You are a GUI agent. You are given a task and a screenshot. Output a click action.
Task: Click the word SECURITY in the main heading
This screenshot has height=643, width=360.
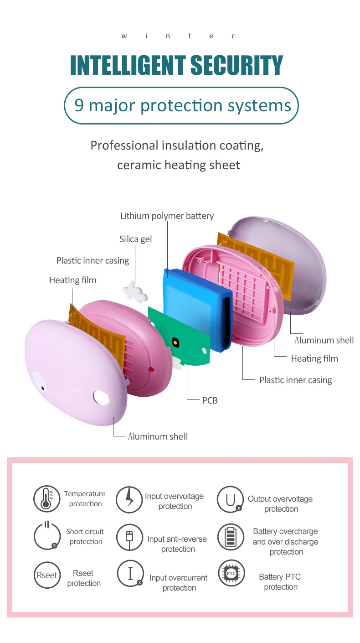click(x=237, y=65)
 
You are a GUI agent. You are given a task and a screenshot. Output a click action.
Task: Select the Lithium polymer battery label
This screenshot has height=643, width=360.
click(x=167, y=216)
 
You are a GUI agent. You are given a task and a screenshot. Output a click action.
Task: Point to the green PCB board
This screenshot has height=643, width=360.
click(x=180, y=336)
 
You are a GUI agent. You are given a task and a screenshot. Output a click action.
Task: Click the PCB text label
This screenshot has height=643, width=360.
click(x=210, y=400)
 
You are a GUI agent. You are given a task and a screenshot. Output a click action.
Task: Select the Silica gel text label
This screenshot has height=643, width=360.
click(x=136, y=239)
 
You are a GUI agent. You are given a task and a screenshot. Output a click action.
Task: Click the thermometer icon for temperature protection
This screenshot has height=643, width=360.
click(x=47, y=499)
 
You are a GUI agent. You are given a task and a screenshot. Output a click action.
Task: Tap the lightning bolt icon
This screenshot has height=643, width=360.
click(x=129, y=500)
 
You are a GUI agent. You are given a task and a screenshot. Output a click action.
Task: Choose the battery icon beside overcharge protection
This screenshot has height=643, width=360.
click(x=230, y=537)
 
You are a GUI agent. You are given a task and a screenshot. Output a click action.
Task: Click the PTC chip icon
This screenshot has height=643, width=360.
click(x=231, y=573)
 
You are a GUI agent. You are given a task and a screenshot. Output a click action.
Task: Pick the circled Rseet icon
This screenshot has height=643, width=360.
click(x=47, y=575)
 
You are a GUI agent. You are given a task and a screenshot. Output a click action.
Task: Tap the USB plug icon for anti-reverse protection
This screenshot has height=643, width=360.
click(x=129, y=537)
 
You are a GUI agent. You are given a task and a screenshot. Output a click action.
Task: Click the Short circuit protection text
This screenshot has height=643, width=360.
click(x=85, y=536)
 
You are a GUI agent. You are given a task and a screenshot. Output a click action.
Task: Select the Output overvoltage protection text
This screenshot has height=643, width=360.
click(x=280, y=504)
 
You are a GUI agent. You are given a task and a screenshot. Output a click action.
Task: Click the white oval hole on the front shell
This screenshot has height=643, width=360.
click(x=101, y=398)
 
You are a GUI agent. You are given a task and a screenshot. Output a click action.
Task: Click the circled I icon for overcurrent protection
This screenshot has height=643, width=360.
click(x=130, y=573)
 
